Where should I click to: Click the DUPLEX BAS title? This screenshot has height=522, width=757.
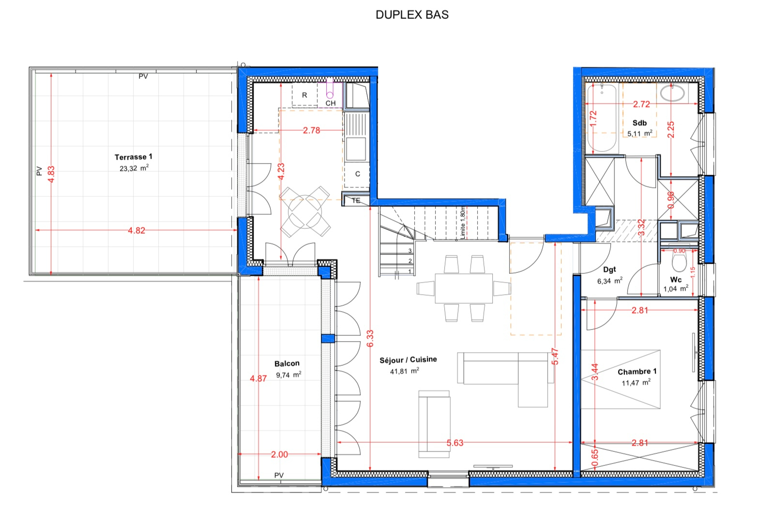(412, 15)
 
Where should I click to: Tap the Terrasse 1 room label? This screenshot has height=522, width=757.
(134, 157)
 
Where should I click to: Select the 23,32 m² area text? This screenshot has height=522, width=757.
(134, 168)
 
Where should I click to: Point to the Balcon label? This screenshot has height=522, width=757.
(287, 363)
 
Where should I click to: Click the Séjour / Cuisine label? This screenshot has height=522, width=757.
(408, 360)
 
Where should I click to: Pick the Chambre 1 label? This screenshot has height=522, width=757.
(637, 372)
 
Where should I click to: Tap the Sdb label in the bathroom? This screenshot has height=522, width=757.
(639, 123)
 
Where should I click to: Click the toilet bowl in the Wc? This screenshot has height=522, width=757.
(679, 263)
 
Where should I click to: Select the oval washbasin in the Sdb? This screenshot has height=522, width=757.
(672, 93)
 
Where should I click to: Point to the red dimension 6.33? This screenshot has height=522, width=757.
(370, 338)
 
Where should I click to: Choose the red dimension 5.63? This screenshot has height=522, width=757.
(455, 443)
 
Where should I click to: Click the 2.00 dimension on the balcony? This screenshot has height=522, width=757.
(279, 454)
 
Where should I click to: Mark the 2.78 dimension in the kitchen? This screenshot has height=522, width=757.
(311, 131)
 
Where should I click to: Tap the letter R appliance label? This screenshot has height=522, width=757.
(304, 95)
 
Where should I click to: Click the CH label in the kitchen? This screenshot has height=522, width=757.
(331, 104)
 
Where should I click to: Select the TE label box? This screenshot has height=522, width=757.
(356, 200)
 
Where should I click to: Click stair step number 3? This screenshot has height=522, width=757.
(410, 251)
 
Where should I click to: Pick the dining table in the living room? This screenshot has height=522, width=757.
(464, 288)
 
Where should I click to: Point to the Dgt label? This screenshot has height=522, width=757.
(609, 269)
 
